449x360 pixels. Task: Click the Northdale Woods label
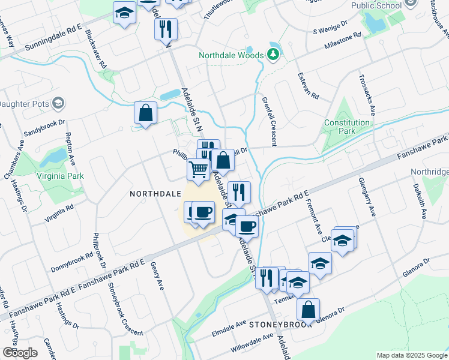pos(231,56)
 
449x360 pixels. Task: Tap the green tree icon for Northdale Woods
pos(274,55)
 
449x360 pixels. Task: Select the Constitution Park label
pos(347,127)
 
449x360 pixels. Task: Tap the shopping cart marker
pos(198,169)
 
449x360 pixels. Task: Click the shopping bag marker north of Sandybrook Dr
pos(145,112)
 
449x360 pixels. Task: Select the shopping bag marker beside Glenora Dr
pos(308,310)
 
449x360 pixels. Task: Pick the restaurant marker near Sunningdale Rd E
pos(165,29)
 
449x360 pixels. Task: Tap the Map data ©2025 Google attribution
pos(411,355)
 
